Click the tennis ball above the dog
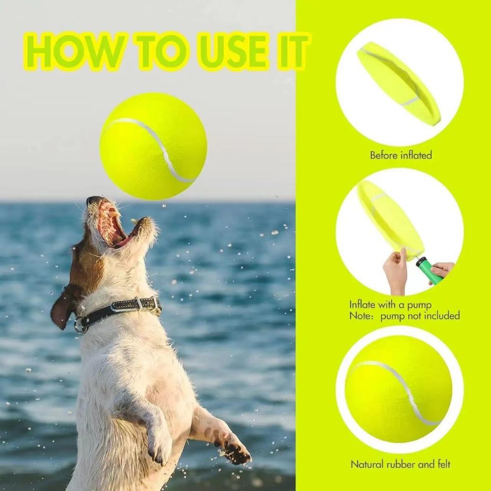(153, 146)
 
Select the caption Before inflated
(401, 155)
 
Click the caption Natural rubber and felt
(400, 464)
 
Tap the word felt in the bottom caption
(441, 464)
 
